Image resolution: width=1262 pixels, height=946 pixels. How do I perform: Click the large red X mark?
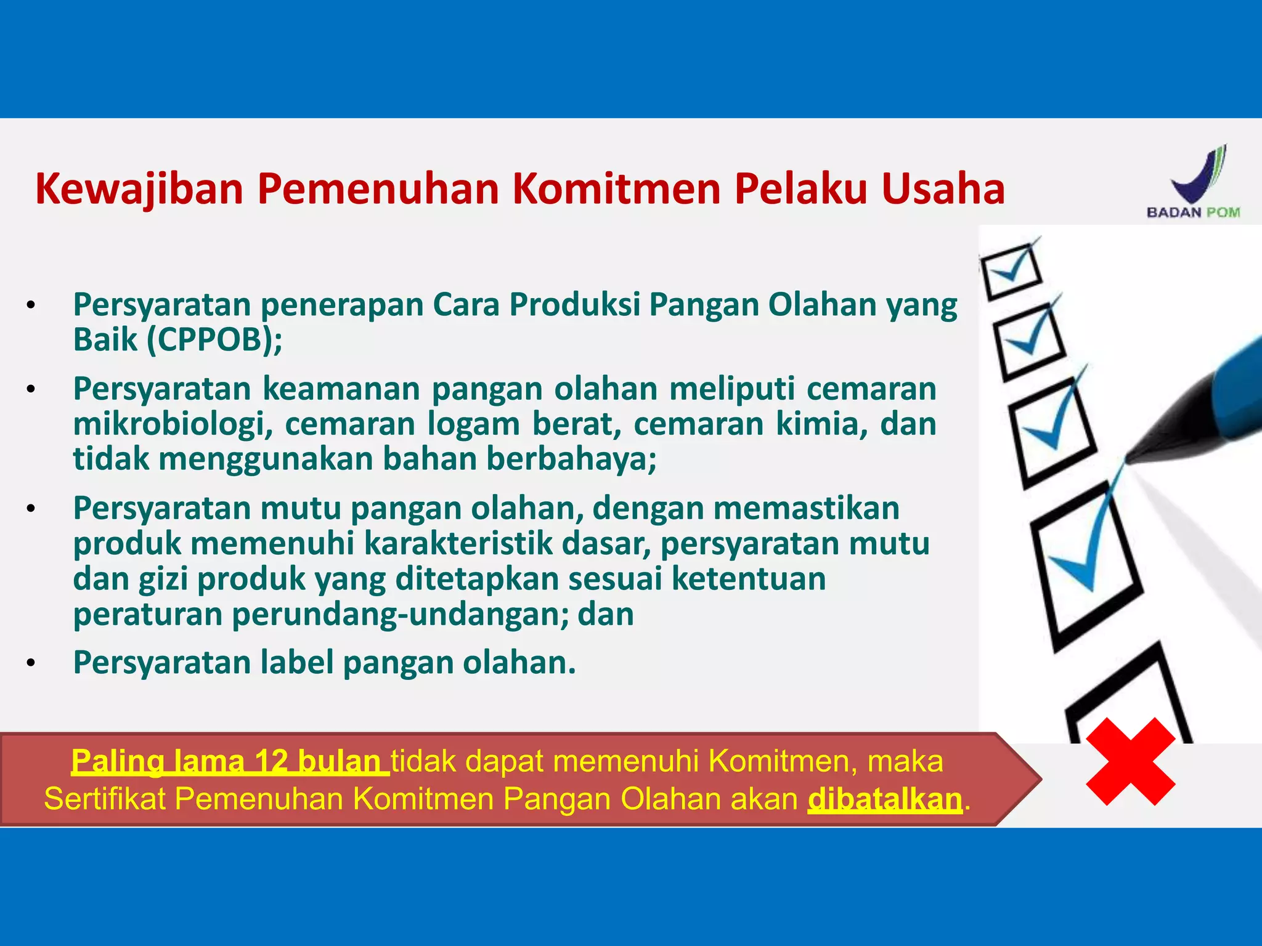[1131, 762]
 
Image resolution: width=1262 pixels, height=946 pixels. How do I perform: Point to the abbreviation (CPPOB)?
[215, 339]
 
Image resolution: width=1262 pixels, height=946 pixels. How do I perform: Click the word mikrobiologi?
[173, 424]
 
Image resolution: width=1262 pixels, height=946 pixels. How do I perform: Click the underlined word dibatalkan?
[885, 799]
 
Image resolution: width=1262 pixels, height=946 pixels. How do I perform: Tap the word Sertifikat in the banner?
[105, 799]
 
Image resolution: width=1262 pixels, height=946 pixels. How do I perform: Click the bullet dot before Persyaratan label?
[31, 663]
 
